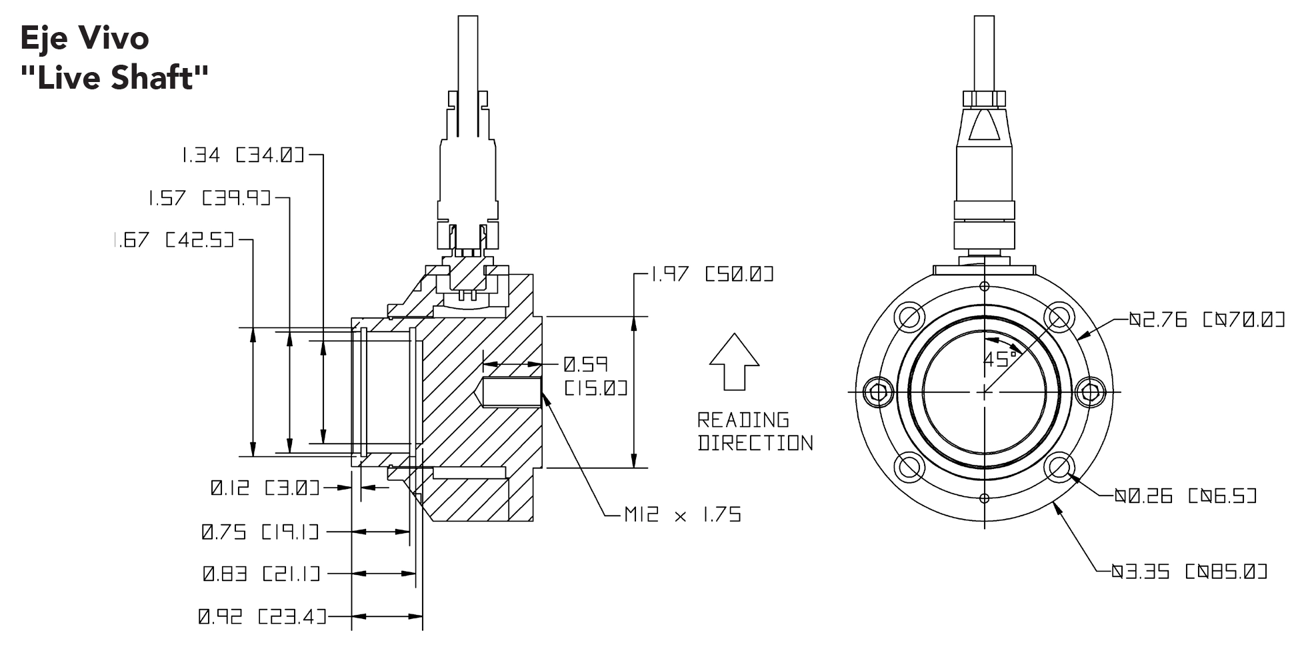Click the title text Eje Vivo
85,38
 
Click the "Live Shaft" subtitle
115,78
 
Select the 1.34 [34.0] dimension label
243,155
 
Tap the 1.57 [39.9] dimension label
209,198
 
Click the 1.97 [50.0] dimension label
711,274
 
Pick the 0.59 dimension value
585,365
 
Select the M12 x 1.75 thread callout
683,514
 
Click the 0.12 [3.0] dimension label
265,488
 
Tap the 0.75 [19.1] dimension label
260,532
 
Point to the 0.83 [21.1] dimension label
261,574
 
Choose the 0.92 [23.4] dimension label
262,617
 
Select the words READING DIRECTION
755,432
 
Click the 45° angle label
1000,360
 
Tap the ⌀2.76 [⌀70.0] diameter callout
1207,320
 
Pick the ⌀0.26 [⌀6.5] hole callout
1186,496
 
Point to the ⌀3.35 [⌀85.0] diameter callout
1189,572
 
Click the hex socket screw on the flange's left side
878,392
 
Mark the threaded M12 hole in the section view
512,392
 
